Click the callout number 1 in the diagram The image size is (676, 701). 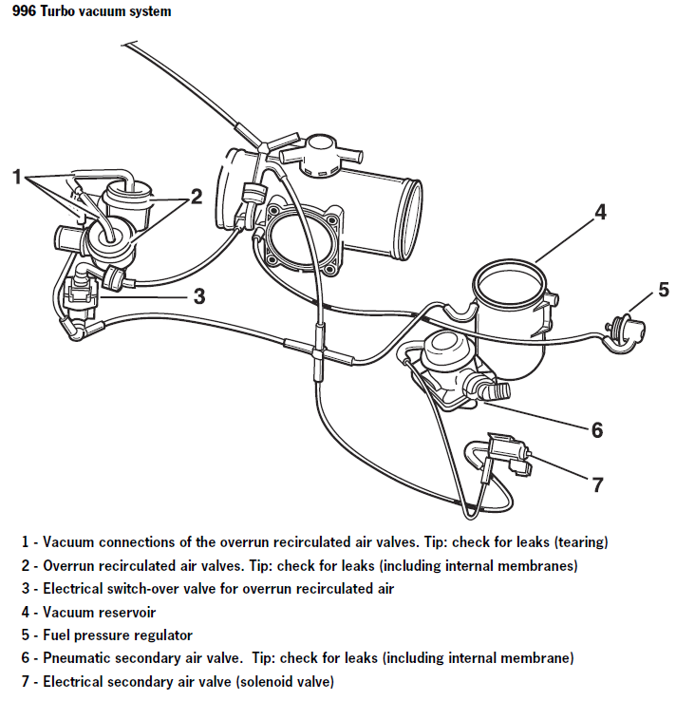click(16, 176)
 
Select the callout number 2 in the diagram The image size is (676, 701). click(197, 197)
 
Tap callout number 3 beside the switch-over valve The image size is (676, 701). click(198, 295)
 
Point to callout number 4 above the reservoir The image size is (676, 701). click(600, 211)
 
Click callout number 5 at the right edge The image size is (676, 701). click(664, 289)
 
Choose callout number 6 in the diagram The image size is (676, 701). click(596, 430)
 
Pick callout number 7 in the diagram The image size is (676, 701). click(597, 484)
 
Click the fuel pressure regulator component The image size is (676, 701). click(627, 328)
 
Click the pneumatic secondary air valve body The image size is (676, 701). click(446, 366)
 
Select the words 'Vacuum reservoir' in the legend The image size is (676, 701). click(99, 613)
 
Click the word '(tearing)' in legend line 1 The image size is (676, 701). click(573, 543)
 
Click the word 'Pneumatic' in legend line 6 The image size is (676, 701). click(77, 658)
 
